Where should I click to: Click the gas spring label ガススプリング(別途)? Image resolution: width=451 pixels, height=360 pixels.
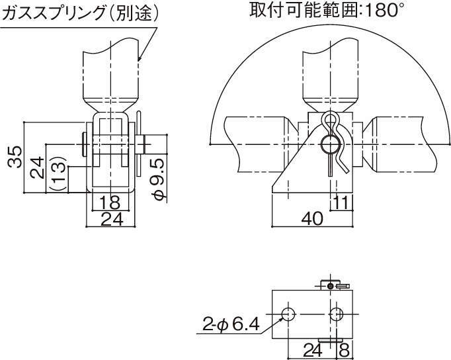point(81,13)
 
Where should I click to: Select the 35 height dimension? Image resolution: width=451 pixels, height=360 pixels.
point(15,157)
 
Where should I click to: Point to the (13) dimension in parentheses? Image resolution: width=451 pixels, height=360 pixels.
point(58,173)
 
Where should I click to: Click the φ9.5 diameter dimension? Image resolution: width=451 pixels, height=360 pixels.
point(159,179)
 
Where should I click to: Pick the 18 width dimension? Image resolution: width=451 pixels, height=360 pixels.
point(110,202)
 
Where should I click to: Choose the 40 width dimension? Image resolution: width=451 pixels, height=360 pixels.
point(312,218)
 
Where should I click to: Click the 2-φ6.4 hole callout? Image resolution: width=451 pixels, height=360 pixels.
point(231,324)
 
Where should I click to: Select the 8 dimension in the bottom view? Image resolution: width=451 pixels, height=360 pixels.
point(345,350)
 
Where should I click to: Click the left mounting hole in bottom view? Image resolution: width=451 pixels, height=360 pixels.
point(288,314)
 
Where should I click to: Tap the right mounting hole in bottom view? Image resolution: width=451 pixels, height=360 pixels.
point(336,314)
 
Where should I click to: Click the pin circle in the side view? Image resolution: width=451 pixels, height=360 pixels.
point(330,144)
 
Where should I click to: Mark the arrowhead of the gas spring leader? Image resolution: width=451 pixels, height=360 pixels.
point(139,59)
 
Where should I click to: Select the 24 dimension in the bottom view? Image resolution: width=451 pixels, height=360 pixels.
point(313,350)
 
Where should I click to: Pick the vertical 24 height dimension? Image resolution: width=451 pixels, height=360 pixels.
point(38,167)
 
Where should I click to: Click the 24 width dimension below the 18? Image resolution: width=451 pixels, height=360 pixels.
point(112,219)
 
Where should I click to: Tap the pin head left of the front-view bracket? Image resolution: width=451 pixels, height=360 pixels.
point(84,144)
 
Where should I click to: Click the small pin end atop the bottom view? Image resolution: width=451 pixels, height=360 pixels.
point(331,286)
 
